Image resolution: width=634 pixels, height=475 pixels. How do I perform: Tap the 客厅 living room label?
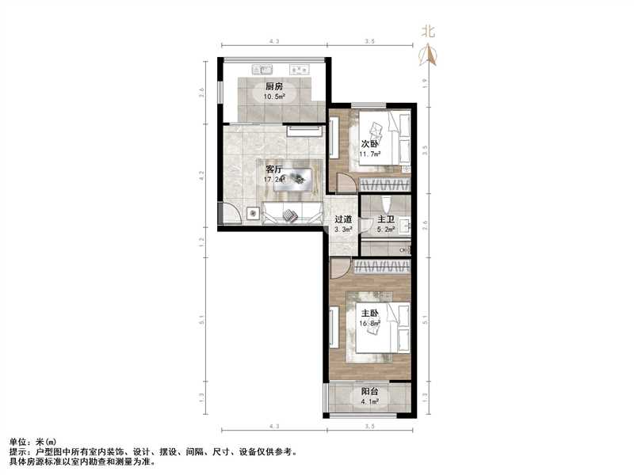click(x=274, y=169)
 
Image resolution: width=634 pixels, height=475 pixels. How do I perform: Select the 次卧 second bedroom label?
click(x=369, y=144)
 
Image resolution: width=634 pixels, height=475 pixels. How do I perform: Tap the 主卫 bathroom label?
click(x=386, y=219)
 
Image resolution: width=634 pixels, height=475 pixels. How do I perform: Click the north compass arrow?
click(x=429, y=54)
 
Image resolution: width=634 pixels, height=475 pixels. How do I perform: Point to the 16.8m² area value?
click(x=369, y=322)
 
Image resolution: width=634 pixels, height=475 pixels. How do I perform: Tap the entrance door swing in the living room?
click(x=231, y=212)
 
